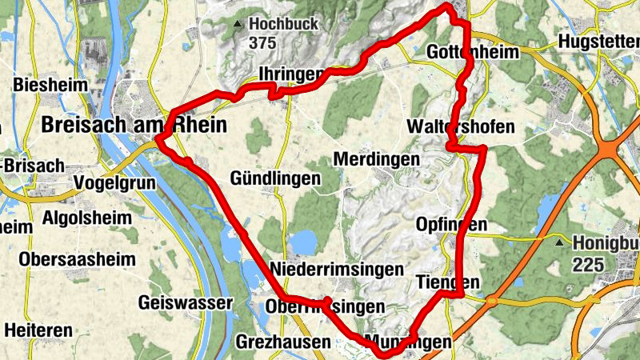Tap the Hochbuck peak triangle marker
pos(237,25)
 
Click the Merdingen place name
pos(376,160)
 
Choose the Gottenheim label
pos(473,52)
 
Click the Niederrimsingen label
pos(337,269)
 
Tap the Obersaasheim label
pos(77,260)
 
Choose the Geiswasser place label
pos(185,303)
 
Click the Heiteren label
pos(38,330)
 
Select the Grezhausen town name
pos(283,342)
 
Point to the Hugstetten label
pos(599,42)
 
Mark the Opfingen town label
pos(451,226)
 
